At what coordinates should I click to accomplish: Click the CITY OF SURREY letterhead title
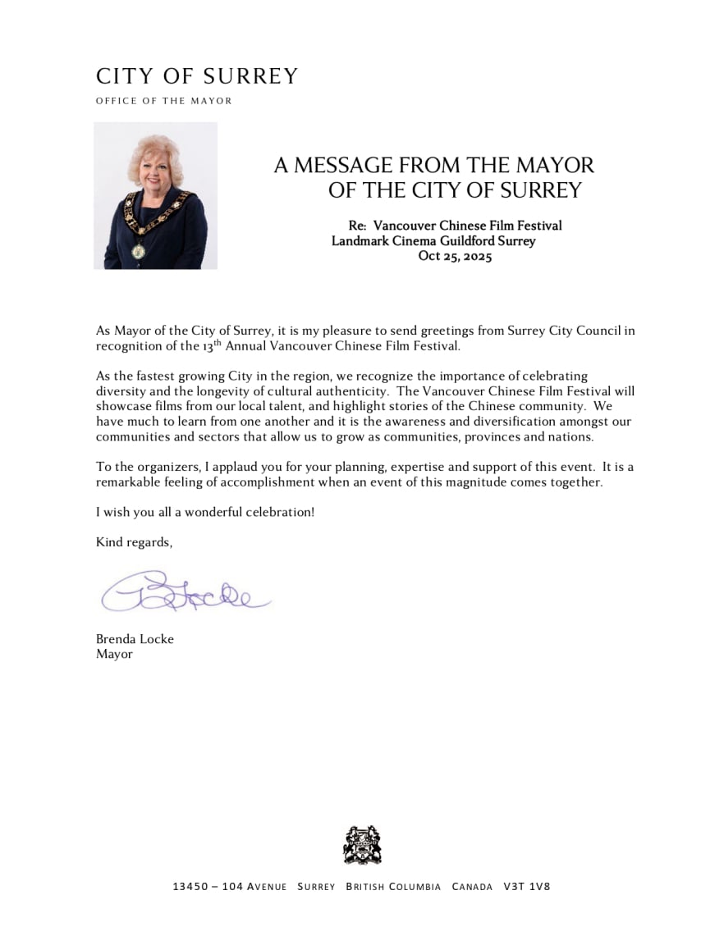click(x=197, y=77)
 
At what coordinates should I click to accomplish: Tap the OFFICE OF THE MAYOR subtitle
click(x=164, y=101)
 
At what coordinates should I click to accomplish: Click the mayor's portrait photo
click(x=155, y=195)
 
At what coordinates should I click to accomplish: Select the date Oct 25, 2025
click(x=455, y=256)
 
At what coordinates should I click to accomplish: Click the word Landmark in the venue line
click(x=359, y=241)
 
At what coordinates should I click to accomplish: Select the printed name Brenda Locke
click(x=135, y=639)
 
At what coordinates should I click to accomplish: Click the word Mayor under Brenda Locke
click(x=114, y=655)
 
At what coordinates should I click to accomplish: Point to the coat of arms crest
click(x=362, y=845)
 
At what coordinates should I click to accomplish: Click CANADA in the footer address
click(x=473, y=887)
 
